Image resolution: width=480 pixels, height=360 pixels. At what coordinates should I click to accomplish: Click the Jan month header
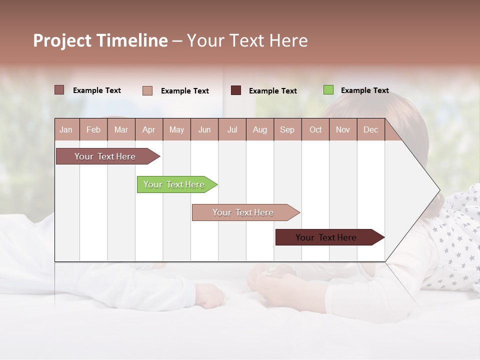(x=66, y=130)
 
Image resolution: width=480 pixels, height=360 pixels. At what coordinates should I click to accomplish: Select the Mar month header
(x=121, y=130)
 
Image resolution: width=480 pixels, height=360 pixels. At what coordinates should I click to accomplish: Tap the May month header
(x=176, y=130)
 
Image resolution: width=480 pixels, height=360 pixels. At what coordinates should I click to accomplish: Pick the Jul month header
(x=232, y=130)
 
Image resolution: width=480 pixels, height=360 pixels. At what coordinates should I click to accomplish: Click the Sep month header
(x=287, y=130)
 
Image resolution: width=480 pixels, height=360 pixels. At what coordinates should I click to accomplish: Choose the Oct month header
(x=315, y=130)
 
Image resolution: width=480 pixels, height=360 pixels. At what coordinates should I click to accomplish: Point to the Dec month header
(x=370, y=130)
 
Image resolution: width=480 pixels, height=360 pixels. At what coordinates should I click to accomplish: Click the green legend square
(x=328, y=90)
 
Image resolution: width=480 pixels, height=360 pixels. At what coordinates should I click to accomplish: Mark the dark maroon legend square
(x=236, y=90)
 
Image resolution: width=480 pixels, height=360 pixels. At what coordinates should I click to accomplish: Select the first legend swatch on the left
(x=59, y=90)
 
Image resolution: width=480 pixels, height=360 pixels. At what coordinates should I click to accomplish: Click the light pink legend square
(x=147, y=90)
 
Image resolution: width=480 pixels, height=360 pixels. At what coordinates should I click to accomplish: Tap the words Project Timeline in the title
(x=100, y=40)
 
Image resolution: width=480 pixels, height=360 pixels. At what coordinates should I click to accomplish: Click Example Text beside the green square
(x=364, y=90)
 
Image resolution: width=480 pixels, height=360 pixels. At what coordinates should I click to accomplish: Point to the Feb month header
(x=93, y=130)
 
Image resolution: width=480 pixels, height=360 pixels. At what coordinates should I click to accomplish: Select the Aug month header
(x=259, y=130)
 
